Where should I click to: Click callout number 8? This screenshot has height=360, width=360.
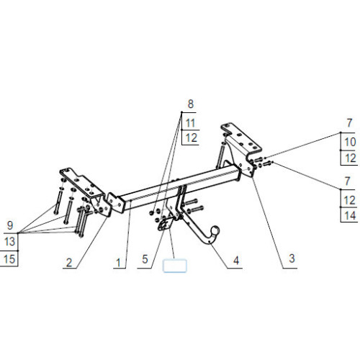coord(190,104)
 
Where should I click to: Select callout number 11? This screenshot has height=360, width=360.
coord(190,123)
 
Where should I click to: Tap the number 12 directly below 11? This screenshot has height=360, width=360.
coord(192,138)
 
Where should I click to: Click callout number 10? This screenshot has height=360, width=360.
coord(350,142)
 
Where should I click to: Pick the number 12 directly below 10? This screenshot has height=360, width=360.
coord(351,158)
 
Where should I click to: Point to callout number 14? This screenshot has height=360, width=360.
coord(350,215)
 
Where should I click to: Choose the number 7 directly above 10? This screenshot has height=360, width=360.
coord(349,123)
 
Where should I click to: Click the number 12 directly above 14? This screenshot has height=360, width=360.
coord(349,200)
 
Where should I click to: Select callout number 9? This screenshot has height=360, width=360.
coord(10,225)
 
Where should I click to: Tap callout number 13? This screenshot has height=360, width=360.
coord(9,241)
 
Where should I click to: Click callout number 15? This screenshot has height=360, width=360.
coord(9,259)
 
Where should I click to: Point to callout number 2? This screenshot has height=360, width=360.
coord(69,263)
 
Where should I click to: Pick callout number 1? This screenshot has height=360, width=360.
coord(118,263)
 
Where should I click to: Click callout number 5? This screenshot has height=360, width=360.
coord(145,259)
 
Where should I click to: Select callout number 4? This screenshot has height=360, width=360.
coord(236,261)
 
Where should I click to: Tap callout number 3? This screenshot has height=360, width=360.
coord(292,258)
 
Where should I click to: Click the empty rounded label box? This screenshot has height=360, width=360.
coord(175,266)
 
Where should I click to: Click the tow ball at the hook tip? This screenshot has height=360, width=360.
coord(215,230)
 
